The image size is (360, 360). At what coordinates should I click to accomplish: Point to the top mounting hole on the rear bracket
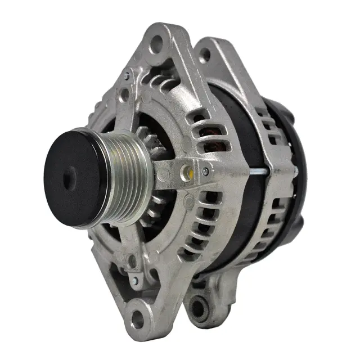click(x=205, y=55)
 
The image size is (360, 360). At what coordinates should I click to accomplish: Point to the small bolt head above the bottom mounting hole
click(x=135, y=280)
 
